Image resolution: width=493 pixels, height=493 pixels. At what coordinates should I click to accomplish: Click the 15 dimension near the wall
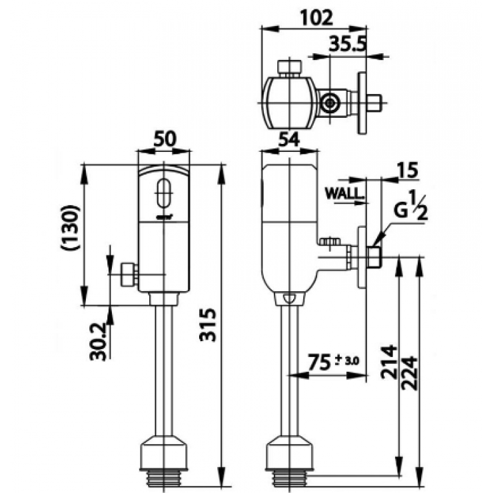click(x=408, y=170)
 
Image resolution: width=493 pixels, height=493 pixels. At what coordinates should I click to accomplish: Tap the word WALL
click(x=345, y=194)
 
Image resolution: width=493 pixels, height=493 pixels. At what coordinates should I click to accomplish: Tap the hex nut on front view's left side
click(x=129, y=274)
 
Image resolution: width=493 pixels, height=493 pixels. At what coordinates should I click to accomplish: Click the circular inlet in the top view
click(x=328, y=103)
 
